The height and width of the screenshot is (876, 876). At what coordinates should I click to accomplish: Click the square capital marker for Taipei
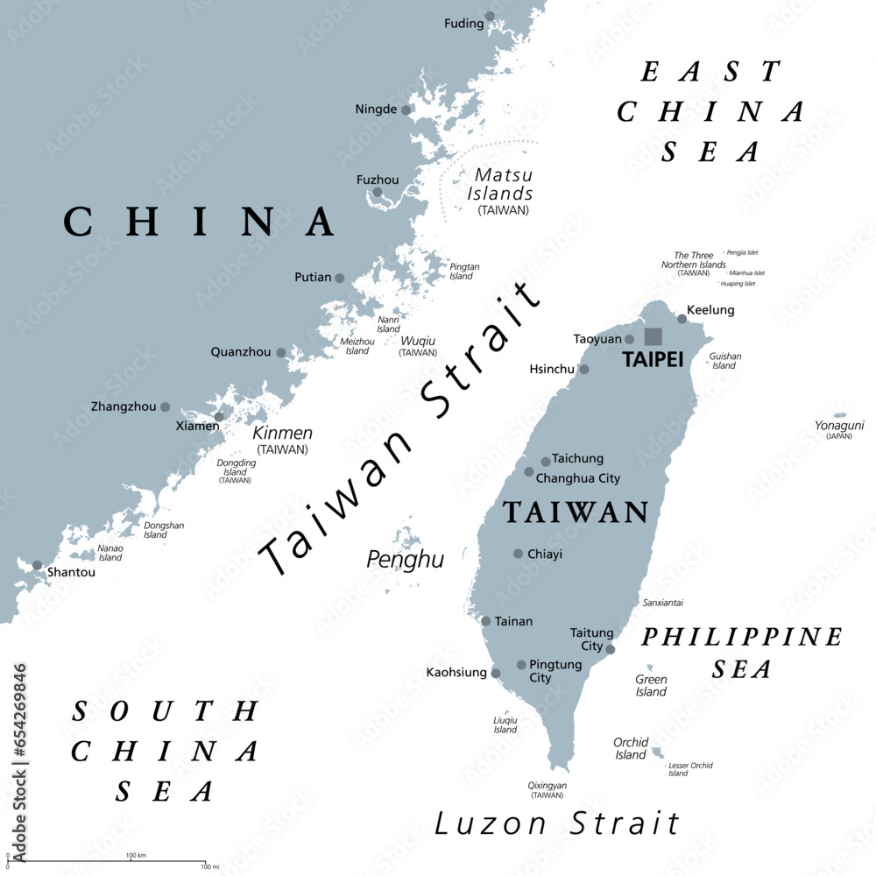(x=653, y=336)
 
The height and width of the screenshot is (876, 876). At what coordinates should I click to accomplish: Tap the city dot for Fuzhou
(x=378, y=193)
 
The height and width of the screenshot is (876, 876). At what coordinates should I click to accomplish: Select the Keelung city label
(x=710, y=310)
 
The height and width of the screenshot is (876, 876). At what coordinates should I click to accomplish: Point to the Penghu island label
(x=406, y=559)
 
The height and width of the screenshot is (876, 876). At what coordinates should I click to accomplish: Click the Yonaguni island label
(x=839, y=425)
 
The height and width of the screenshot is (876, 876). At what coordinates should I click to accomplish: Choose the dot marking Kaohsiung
(x=496, y=674)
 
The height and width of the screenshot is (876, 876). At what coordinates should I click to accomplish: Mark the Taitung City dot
(x=611, y=649)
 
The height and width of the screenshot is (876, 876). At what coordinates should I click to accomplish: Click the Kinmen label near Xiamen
(x=282, y=433)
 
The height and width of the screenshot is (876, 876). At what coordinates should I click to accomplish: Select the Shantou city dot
(x=37, y=566)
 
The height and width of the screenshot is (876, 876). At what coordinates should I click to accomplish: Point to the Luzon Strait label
(x=557, y=823)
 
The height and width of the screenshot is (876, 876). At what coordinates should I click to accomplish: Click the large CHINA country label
(x=199, y=222)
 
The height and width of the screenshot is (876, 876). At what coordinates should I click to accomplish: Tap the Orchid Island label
(x=631, y=748)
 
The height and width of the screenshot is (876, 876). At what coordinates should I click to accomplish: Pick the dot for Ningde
(x=406, y=110)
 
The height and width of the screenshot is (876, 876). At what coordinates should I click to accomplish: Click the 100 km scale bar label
(x=135, y=855)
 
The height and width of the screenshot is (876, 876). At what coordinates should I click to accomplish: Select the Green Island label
(x=651, y=685)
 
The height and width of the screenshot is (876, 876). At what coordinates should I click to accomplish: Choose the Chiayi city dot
(x=519, y=554)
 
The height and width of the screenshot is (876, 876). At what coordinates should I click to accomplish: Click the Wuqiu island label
(x=418, y=341)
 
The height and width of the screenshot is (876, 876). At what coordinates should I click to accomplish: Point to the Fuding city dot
(x=490, y=16)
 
